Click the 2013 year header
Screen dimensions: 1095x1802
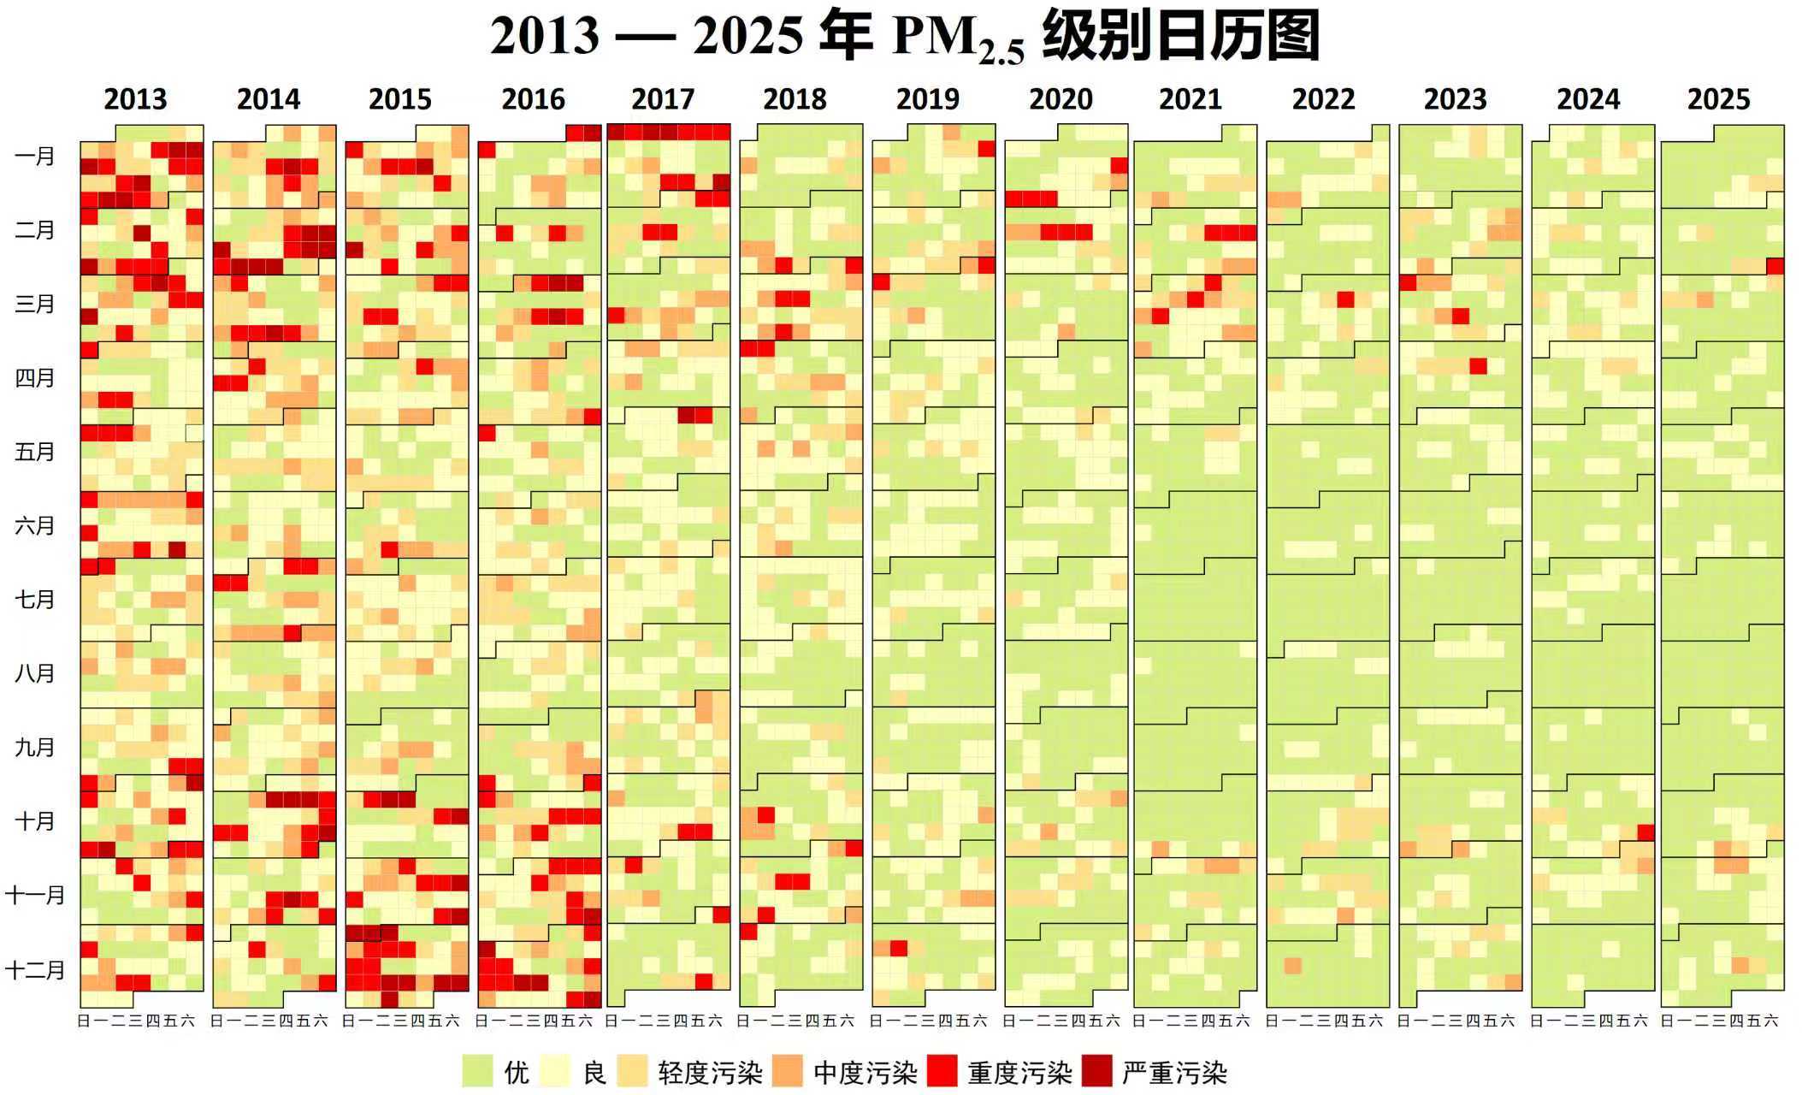point(135,99)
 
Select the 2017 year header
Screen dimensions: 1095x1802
point(663,99)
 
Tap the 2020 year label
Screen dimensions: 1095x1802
point(1061,99)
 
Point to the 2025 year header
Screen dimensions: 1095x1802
point(1718,99)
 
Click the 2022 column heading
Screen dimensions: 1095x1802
point(1323,99)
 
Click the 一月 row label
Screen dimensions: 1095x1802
point(34,157)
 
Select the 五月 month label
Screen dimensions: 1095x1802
point(34,452)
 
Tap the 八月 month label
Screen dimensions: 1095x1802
point(34,673)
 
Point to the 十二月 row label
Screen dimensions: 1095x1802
point(34,969)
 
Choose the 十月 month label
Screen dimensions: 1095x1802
point(34,821)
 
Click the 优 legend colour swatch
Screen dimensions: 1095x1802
point(477,1071)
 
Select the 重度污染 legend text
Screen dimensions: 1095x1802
point(1019,1072)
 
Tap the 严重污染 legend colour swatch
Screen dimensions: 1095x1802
point(1097,1071)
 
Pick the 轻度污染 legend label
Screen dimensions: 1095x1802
point(710,1072)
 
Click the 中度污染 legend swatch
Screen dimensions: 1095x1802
point(788,1071)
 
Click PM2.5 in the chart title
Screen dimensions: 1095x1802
point(958,38)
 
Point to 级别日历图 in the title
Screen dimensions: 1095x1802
point(1180,36)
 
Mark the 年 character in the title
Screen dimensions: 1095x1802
point(845,36)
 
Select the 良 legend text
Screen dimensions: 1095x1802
point(594,1072)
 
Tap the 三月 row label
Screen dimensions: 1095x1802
point(34,304)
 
